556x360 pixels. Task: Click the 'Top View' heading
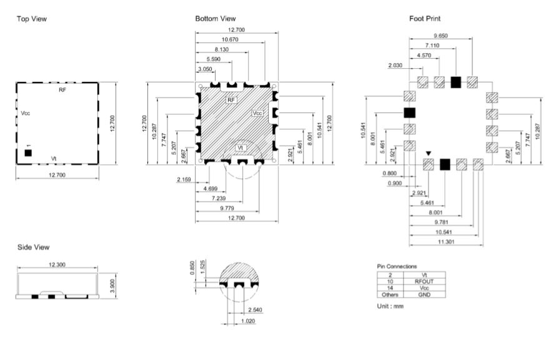point(32,19)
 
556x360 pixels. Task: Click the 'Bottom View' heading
point(216,19)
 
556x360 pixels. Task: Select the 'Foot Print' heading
point(425,19)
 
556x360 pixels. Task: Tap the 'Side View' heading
point(33,247)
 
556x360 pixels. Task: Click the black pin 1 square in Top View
point(28,153)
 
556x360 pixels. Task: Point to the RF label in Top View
point(62,90)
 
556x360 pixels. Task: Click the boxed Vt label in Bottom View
point(241,147)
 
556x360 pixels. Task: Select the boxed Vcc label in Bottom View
point(257,113)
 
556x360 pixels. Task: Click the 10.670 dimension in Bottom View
point(230,39)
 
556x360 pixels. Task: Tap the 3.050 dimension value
point(205,69)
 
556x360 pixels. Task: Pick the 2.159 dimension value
point(184,179)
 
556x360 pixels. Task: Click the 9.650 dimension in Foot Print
point(440,36)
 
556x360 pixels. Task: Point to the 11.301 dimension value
point(446,242)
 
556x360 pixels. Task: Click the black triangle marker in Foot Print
point(429,154)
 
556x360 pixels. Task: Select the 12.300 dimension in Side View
point(57,264)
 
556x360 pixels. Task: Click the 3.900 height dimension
point(112,286)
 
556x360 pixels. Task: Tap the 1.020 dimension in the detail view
point(248,321)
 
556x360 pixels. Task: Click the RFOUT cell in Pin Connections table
point(424,281)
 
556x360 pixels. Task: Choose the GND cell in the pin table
point(424,294)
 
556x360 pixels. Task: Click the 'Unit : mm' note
point(390,306)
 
